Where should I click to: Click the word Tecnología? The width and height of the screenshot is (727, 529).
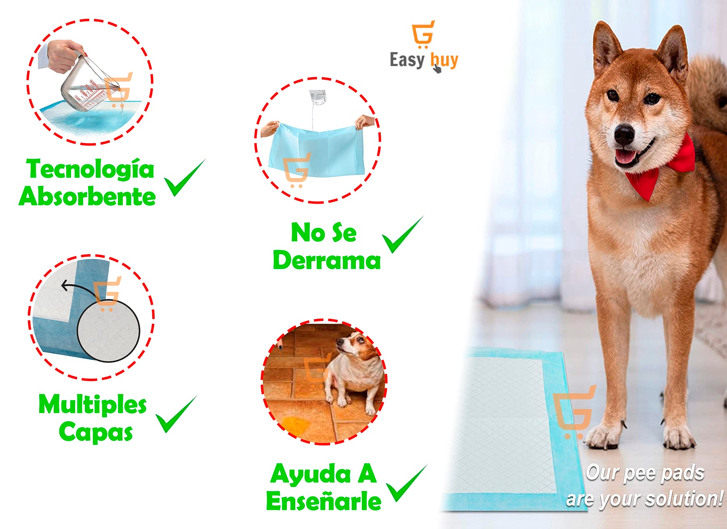[90, 170]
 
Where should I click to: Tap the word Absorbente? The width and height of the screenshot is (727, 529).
[87, 196]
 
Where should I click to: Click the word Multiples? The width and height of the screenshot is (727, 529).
[92, 405]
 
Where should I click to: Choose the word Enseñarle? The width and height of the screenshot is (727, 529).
[324, 501]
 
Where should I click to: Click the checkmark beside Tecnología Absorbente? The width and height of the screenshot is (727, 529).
[185, 178]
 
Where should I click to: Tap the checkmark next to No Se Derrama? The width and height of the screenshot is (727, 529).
[403, 235]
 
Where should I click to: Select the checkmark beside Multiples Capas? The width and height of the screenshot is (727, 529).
[176, 414]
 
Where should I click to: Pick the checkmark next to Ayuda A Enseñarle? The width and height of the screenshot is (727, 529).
[407, 483]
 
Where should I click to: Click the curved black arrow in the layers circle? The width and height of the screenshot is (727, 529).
[79, 289]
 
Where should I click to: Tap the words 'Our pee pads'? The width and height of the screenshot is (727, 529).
[645, 473]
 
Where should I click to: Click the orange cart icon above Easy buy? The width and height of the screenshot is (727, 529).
[423, 34]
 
